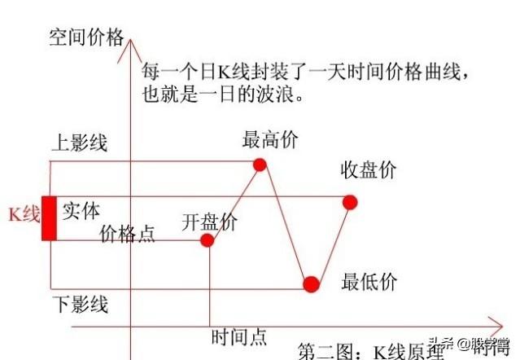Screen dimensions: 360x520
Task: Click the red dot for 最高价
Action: click(x=260, y=165)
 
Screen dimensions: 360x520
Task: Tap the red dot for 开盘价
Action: click(x=207, y=240)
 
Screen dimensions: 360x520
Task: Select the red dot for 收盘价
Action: click(x=350, y=201)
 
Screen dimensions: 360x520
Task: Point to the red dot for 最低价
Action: click(x=311, y=284)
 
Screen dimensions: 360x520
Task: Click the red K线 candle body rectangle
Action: click(x=50, y=217)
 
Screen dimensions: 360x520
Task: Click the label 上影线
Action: click(x=79, y=144)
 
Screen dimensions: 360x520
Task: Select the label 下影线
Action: click(x=79, y=305)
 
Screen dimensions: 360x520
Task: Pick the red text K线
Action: click(x=23, y=214)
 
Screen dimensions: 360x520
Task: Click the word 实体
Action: click(x=81, y=210)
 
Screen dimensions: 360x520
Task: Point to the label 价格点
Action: click(x=127, y=235)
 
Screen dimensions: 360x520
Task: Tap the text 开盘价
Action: click(x=209, y=222)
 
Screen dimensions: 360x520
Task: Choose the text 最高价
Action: click(x=270, y=139)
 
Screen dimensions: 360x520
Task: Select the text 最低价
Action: click(x=369, y=283)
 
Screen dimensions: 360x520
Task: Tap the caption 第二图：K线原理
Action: click(x=371, y=351)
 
